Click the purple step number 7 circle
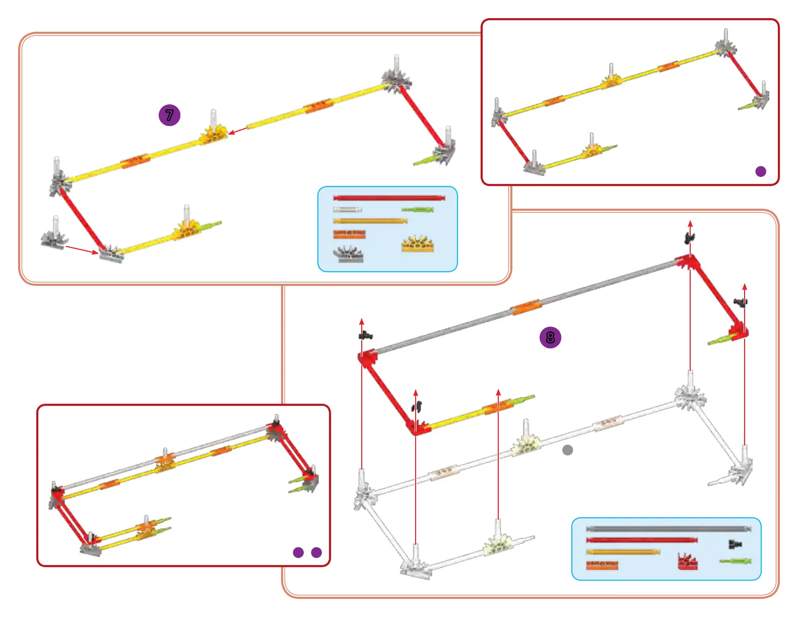[169, 115]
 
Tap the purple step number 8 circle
[550, 337]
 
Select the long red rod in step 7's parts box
[389, 198]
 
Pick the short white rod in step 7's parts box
[347, 209]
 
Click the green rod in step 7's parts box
[418, 209]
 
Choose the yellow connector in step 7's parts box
[418, 244]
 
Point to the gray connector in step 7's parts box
[348, 254]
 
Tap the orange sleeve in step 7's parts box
[349, 234]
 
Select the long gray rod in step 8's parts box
[668, 529]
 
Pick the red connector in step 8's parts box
[688, 562]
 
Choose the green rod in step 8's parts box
[736, 561]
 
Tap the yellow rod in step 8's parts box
[623, 551]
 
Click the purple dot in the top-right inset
[761, 171]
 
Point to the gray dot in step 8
[568, 450]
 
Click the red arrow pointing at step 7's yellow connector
[238, 131]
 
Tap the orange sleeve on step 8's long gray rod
[525, 306]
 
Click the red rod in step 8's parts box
[642, 540]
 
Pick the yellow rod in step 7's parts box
[370, 221]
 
